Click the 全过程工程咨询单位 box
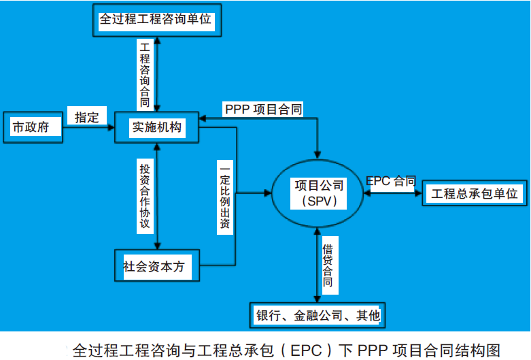[x=157, y=20]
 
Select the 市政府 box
[x=33, y=127]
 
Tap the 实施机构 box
[x=157, y=127]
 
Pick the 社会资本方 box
[x=157, y=266]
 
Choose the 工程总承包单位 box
[x=475, y=193]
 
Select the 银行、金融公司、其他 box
[x=318, y=315]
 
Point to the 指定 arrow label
[x=87, y=117]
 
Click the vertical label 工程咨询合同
[x=145, y=75]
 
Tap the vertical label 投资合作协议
[x=145, y=196]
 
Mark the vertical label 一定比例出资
[x=225, y=197]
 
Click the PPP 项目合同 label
[x=264, y=110]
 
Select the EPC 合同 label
[x=391, y=181]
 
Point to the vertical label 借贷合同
[x=328, y=265]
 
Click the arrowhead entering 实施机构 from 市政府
[x=111, y=127]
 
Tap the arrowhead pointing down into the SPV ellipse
[x=318, y=154]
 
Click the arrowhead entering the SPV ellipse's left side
[x=267, y=193]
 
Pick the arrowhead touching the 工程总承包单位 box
[x=418, y=193]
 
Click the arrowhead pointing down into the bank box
[x=318, y=298]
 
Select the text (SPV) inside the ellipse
[x=319, y=201]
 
